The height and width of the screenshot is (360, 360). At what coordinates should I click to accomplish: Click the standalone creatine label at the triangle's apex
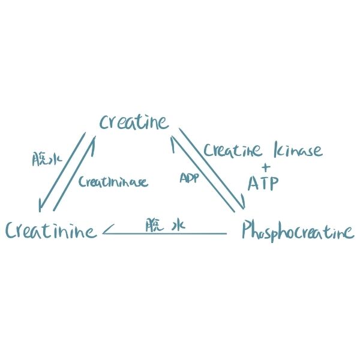(134, 122)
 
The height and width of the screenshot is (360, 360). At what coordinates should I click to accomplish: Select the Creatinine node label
(51, 230)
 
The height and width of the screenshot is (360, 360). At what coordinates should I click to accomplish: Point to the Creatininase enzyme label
(113, 182)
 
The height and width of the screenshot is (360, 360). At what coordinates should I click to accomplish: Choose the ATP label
(263, 183)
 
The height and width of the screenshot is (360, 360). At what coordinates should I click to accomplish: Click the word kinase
(298, 149)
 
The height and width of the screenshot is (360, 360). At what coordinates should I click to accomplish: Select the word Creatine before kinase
(233, 150)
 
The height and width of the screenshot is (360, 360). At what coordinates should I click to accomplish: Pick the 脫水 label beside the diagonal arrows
(47, 159)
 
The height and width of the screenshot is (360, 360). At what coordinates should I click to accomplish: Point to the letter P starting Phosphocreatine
(246, 231)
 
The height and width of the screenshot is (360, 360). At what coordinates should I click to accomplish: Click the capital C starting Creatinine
(11, 231)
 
